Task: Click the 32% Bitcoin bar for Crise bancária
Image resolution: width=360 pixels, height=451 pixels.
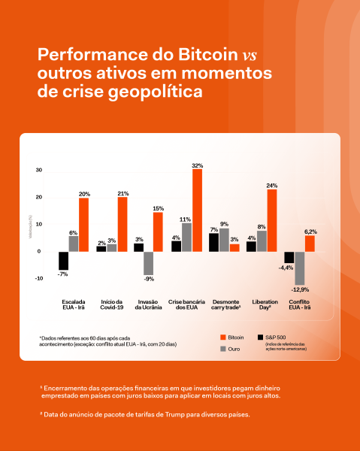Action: (197, 210)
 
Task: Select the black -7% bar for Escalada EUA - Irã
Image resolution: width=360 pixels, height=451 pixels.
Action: (64, 261)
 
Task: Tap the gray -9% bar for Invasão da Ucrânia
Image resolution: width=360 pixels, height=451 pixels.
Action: (148, 263)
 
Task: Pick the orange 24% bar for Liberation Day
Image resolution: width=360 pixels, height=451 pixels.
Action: (272, 220)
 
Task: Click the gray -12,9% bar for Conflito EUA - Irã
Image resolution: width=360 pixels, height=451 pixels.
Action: (299, 268)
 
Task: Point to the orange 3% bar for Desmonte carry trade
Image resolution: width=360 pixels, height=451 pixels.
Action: (234, 247)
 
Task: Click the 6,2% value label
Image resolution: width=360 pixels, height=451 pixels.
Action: (310, 231)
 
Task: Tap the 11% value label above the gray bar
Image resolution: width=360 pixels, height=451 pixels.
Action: (186, 219)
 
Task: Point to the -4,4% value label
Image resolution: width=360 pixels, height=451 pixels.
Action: (286, 268)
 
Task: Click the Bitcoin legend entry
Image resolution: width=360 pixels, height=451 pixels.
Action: (234, 338)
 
